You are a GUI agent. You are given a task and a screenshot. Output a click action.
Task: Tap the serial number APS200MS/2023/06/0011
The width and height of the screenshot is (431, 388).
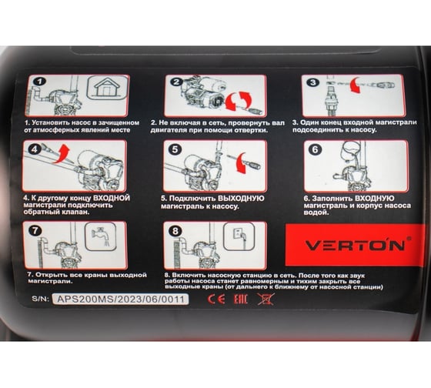(120, 299)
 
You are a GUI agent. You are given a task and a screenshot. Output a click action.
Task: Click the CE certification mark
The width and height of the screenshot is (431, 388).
(216, 299)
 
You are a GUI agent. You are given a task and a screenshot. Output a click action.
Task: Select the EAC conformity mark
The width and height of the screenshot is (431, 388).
(240, 299)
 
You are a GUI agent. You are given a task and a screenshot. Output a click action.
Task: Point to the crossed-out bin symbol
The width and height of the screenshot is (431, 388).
(266, 299)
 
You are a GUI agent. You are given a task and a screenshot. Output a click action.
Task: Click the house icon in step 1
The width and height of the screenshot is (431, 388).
(108, 87)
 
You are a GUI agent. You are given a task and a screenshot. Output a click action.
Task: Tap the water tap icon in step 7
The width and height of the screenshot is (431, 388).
(101, 236)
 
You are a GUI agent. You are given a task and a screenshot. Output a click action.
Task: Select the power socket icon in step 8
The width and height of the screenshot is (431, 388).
(239, 236)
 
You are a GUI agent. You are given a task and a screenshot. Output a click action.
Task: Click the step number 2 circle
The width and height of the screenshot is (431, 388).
(176, 82)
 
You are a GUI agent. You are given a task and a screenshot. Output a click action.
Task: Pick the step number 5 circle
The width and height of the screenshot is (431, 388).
(175, 149)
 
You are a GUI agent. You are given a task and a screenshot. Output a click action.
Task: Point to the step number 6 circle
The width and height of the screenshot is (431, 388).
(315, 149)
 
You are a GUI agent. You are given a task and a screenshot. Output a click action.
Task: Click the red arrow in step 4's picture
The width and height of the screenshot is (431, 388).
(62, 153)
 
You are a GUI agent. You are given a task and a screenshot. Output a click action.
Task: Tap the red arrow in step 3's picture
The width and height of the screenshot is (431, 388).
(354, 85)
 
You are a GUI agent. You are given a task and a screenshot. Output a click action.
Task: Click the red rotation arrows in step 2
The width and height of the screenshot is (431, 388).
(238, 101)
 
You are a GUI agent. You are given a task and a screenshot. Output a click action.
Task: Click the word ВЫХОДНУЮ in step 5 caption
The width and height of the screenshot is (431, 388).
(241, 199)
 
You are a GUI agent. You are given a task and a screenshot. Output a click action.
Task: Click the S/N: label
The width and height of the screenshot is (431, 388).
(40, 299)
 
